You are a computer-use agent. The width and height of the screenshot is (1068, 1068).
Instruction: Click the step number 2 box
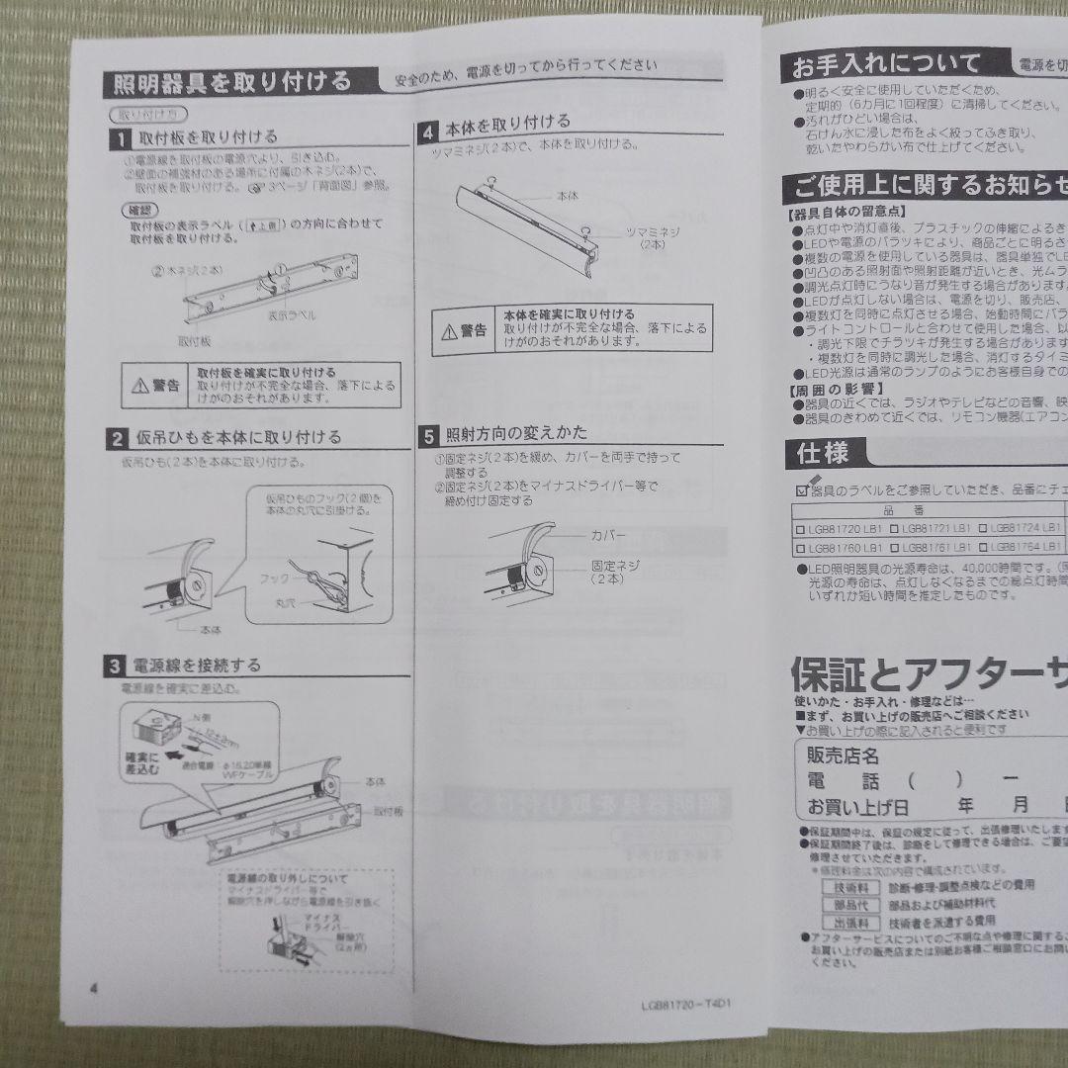point(117,437)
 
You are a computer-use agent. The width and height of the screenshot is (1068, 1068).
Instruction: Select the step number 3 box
point(116,666)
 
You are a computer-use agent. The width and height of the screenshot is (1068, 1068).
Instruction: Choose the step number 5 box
point(429,434)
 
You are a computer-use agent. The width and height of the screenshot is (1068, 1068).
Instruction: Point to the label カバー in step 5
point(609,534)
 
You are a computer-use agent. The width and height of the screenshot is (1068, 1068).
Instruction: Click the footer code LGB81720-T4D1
point(691,1003)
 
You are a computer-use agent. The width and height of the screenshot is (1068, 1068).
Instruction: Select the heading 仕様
point(823,454)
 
